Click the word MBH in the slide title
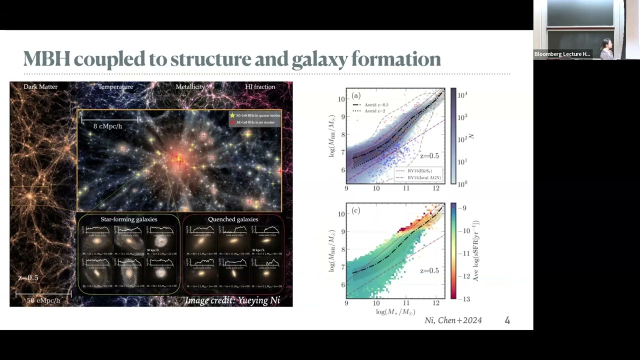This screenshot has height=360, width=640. pyautogui.click(x=46, y=59)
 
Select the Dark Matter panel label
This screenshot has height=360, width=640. pyautogui.click(x=40, y=87)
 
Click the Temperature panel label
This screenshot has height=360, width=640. pyautogui.click(x=115, y=87)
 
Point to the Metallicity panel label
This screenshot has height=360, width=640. pyautogui.click(x=190, y=87)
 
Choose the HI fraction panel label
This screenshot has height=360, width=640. pyautogui.click(x=260, y=87)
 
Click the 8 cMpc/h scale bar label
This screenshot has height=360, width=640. pyautogui.click(x=107, y=126)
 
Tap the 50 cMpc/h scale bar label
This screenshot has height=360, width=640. pyautogui.click(x=43, y=300)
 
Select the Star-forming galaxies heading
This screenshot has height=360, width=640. pyautogui.click(x=129, y=219)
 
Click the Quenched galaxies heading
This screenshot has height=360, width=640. pyautogui.click(x=233, y=219)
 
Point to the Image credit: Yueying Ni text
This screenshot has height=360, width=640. pyautogui.click(x=232, y=300)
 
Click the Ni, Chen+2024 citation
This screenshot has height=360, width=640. pyautogui.click(x=453, y=320)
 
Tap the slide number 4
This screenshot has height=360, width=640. pyautogui.click(x=507, y=320)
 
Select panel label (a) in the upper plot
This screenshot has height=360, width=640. pyautogui.click(x=356, y=95)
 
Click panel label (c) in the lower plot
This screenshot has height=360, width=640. pyautogui.click(x=356, y=210)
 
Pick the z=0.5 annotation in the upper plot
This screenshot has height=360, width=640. pyautogui.click(x=429, y=156)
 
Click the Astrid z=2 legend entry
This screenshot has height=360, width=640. pyautogui.click(x=376, y=110)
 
